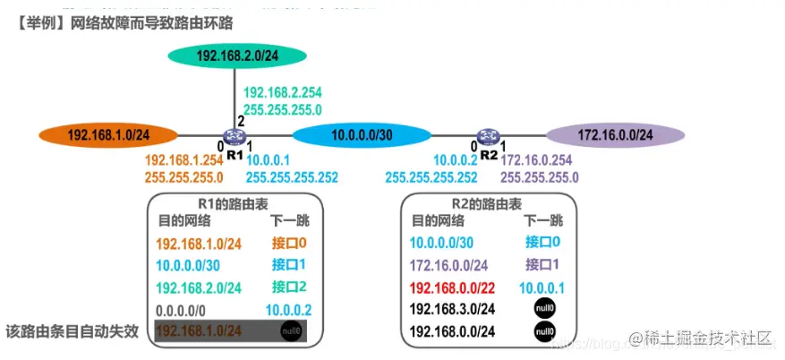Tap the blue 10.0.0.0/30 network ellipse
click(362, 136)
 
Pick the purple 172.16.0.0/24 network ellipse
click(615, 136)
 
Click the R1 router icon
click(235, 137)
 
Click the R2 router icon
click(488, 137)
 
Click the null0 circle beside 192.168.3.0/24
click(542, 309)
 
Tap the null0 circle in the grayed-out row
click(291, 330)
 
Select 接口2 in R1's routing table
click(289, 287)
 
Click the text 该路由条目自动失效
click(73, 330)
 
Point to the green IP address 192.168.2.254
click(283, 92)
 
